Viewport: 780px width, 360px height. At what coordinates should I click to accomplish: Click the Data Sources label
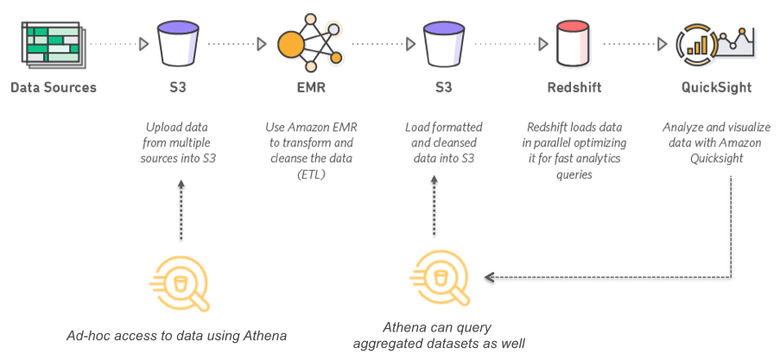[x=54, y=87]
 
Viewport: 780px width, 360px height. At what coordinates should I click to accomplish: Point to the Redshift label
[x=574, y=87]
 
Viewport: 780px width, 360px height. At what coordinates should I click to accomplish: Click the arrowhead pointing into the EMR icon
[x=263, y=43]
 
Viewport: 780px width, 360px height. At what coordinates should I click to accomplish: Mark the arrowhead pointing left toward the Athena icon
[x=490, y=278]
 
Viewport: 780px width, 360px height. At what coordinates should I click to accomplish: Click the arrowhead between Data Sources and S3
[x=143, y=43]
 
